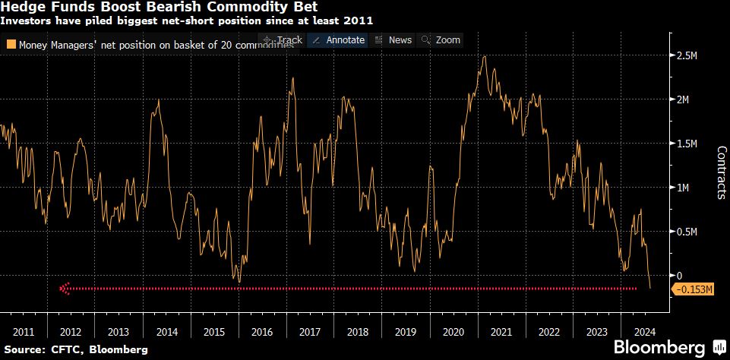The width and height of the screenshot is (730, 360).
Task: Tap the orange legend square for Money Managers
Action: pyautogui.click(x=11, y=45)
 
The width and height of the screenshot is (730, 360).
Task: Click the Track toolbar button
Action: pyautogui.click(x=282, y=40)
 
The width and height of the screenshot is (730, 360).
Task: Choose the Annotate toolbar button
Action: pyautogui.click(x=339, y=40)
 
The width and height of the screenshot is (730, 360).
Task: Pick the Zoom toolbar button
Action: pyautogui.click(x=441, y=40)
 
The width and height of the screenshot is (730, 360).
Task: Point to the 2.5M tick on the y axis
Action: pyautogui.click(x=689, y=56)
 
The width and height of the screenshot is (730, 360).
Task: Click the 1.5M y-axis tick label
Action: pyautogui.click(x=689, y=144)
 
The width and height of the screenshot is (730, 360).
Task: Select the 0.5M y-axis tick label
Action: pyautogui.click(x=689, y=232)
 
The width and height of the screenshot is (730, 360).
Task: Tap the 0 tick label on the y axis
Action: pyautogui.click(x=680, y=275)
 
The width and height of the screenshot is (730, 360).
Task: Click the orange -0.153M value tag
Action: pyautogui.click(x=693, y=289)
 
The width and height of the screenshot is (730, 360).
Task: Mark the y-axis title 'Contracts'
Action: pyautogui.click(x=721, y=172)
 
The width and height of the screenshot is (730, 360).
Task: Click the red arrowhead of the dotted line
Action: pyautogui.click(x=64, y=289)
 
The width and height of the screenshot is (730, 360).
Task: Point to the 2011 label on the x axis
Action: pyautogui.click(x=23, y=331)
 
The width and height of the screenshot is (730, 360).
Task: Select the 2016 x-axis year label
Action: pyautogui.click(x=261, y=331)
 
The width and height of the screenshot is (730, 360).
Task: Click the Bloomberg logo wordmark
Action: pyautogui.click(x=658, y=348)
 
